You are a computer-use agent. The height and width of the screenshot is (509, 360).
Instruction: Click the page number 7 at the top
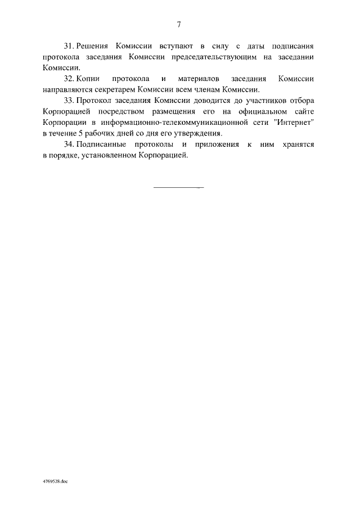[x=179, y=24]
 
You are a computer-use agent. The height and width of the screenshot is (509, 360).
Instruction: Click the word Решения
[x=94, y=45]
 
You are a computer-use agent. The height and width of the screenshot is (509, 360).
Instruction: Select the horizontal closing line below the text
[x=178, y=187]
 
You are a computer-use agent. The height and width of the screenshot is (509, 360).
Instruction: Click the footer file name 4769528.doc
[x=55, y=482]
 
